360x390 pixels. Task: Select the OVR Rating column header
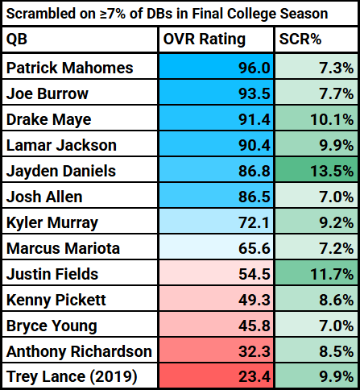tap(205, 39)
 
